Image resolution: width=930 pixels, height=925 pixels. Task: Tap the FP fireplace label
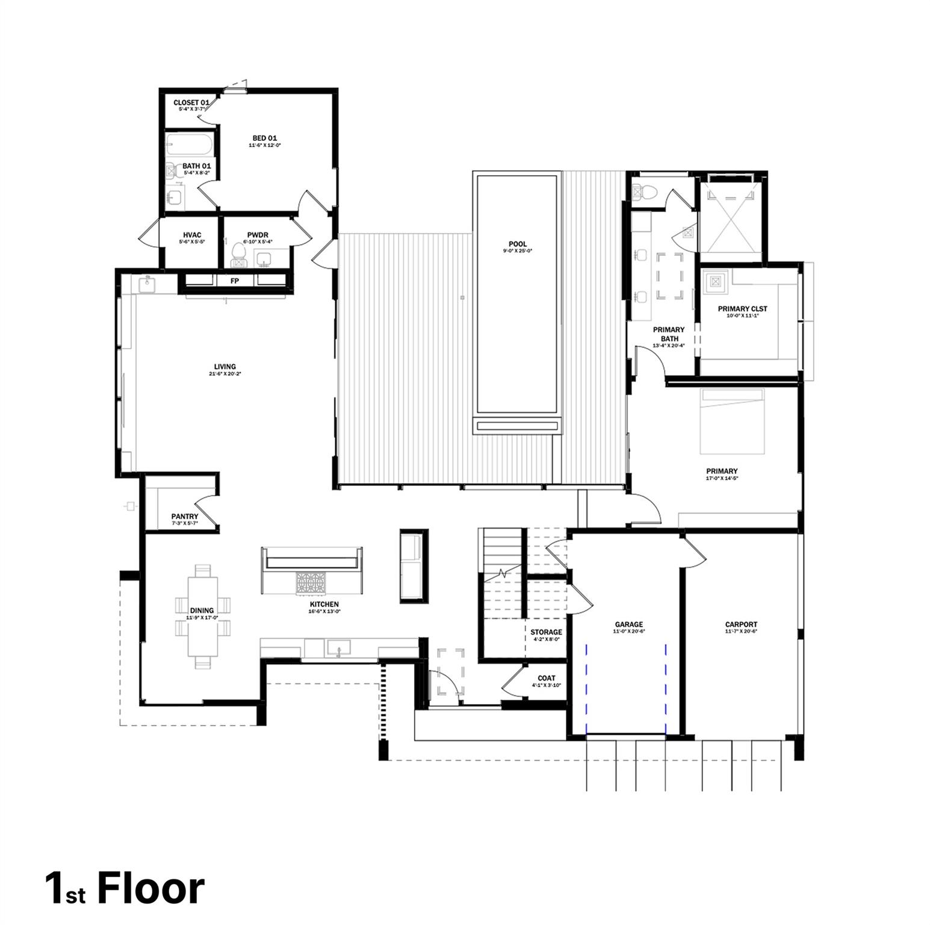coord(235,281)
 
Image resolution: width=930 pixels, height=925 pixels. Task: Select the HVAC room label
coord(192,235)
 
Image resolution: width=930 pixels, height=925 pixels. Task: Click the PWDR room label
coord(257,235)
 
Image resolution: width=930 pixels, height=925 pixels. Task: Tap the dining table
coord(203,617)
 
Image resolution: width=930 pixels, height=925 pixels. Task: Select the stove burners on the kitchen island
coord(310,582)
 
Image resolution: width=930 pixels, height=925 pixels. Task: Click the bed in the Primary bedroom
coord(732,422)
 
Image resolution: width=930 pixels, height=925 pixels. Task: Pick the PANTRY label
coord(184,517)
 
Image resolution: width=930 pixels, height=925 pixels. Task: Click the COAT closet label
coord(546,678)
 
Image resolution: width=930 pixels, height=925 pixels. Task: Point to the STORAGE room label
coord(546,632)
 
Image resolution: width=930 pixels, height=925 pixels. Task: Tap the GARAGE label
coord(628,624)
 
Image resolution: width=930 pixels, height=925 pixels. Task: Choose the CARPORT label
coord(741,624)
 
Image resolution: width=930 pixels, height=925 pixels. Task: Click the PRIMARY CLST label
coord(742,309)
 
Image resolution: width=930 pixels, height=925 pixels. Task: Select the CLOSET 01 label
coord(191,103)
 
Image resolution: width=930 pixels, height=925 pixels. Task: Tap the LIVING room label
coord(225,367)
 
